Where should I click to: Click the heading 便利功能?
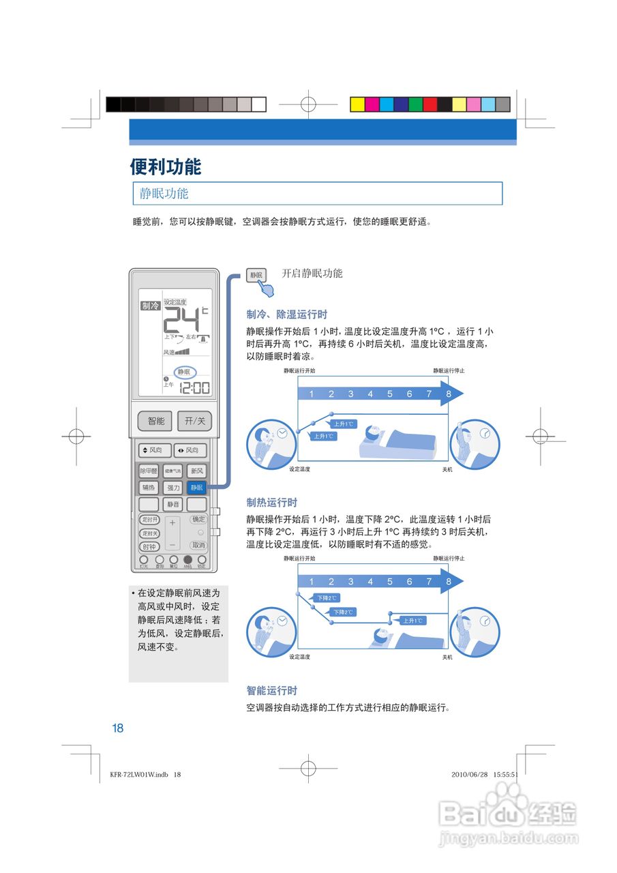coord(166,166)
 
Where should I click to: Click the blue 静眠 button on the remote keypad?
coord(196,488)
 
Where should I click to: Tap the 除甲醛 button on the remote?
coord(149,471)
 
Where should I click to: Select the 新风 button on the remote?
coord(196,471)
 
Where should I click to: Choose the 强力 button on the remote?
coord(173,488)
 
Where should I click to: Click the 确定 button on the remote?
coord(198,520)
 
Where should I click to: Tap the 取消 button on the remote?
coord(198,546)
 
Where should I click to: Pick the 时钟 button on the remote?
coord(149,546)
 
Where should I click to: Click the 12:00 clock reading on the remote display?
coord(194,388)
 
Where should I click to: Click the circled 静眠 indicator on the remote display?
coord(183,372)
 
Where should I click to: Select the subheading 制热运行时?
coord(272,503)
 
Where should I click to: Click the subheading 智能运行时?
coord(272,691)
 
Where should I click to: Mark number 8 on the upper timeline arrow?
coord(449,394)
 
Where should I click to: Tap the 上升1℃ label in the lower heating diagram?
coord(412,621)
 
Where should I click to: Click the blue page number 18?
coord(118,728)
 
